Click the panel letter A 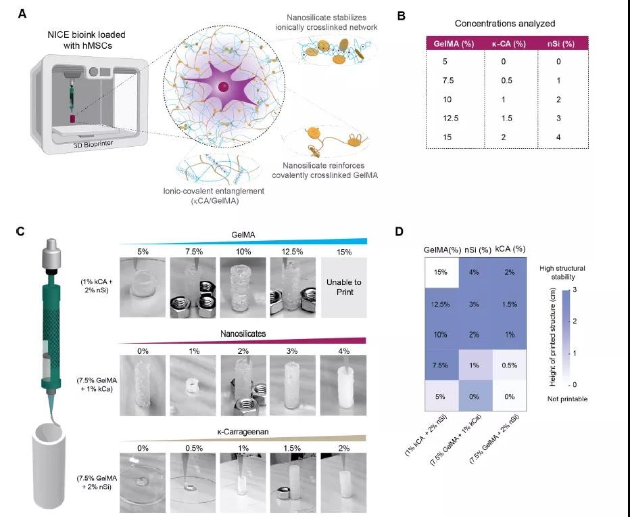[x=22, y=14]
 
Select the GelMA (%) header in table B [x=454, y=44]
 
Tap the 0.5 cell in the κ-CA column [x=507, y=81]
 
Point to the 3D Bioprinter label [x=93, y=143]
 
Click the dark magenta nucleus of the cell [x=223, y=87]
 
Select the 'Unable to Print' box [x=344, y=288]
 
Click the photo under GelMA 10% [x=243, y=288]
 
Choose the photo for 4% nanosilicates [x=343, y=386]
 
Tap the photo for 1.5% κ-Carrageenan [x=292, y=482]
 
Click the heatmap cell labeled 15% [x=441, y=273]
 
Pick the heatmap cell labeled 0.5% [x=510, y=365]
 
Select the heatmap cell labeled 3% [x=474, y=304]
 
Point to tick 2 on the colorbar [x=574, y=321]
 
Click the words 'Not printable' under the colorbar [x=567, y=399]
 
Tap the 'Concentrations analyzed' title [x=505, y=23]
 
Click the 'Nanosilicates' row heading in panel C [x=243, y=334]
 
